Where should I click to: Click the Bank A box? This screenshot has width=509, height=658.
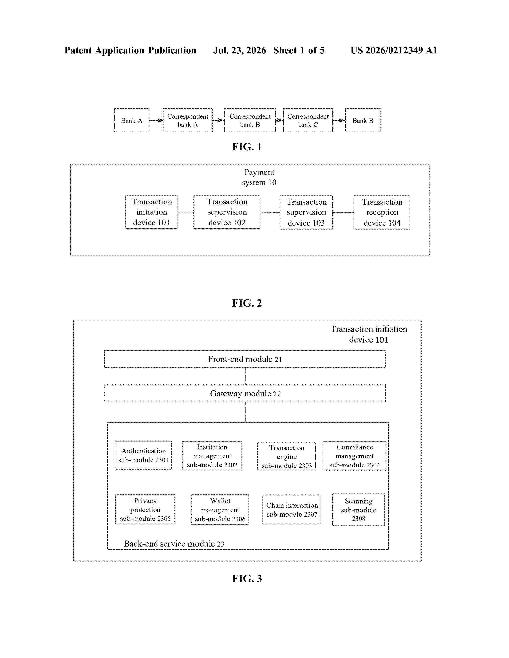132,120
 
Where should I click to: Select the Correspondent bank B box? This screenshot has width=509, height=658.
250,120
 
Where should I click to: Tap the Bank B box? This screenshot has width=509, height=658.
363,120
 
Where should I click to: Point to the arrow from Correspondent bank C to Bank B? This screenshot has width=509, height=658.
339,120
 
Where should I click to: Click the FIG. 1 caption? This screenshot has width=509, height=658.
247,147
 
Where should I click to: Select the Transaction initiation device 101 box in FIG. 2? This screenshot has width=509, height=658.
151,212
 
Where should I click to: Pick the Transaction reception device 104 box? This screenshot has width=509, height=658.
382,212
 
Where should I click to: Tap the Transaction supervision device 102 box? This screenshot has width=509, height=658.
227,212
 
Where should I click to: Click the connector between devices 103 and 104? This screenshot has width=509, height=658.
343,212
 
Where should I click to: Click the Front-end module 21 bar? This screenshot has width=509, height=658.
245,359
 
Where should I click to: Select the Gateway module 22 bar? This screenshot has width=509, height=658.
245,393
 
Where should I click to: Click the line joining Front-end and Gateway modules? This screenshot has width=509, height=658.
245,376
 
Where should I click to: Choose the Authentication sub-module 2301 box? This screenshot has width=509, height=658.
143,455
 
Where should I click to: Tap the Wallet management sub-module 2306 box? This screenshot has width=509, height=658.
220,510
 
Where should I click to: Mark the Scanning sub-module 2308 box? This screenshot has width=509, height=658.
358,509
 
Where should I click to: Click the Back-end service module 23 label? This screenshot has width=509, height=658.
174,544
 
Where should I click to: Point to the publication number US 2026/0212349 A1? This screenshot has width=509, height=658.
394,50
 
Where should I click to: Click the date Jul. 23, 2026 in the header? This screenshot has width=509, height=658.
240,50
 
